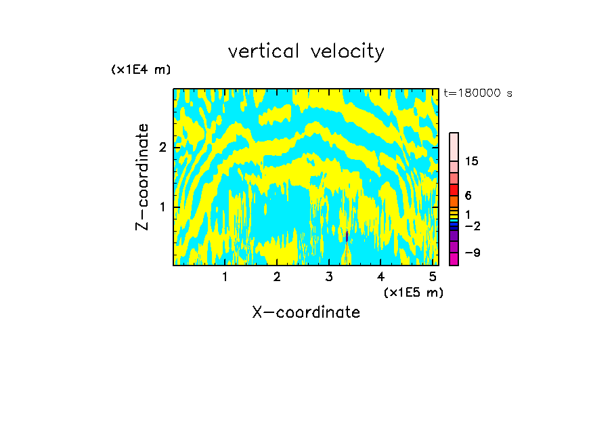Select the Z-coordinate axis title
pos(142,177)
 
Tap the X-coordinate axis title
pos(306,312)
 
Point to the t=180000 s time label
pos(478,93)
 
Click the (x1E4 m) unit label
pos(141,70)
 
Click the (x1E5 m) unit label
pos(413,292)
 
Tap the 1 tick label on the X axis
pos(225,276)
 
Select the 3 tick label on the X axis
pos(329,276)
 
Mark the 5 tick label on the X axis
pos(433,276)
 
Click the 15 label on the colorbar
pos(473,161)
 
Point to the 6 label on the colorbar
pos(468,195)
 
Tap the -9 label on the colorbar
pos(472,253)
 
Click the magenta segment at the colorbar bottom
pos(454,259)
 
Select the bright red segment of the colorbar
pos(454,190)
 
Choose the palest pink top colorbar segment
pos(454,146)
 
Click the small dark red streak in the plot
pos(347,236)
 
